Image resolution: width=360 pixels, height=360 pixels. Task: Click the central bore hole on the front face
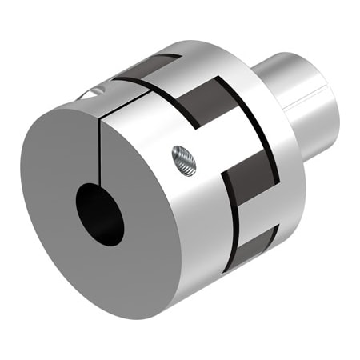pos(100,213)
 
